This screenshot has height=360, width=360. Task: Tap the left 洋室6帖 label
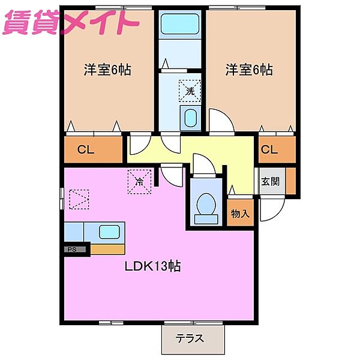pyautogui.click(x=107, y=70)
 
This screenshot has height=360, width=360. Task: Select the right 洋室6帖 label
pyautogui.click(x=249, y=70)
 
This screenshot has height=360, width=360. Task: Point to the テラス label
pyautogui.click(x=190, y=338)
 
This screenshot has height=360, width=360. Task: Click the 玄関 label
pyautogui.click(x=270, y=182)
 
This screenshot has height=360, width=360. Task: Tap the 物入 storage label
pyautogui.click(x=240, y=214)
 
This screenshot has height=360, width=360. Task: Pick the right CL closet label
pyautogui.click(x=270, y=149)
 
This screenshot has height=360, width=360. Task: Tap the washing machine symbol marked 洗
pyautogui.click(x=189, y=91)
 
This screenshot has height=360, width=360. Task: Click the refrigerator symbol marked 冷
pyautogui.click(x=139, y=180)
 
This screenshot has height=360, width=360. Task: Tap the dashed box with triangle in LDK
pyautogui.click(x=79, y=199)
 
